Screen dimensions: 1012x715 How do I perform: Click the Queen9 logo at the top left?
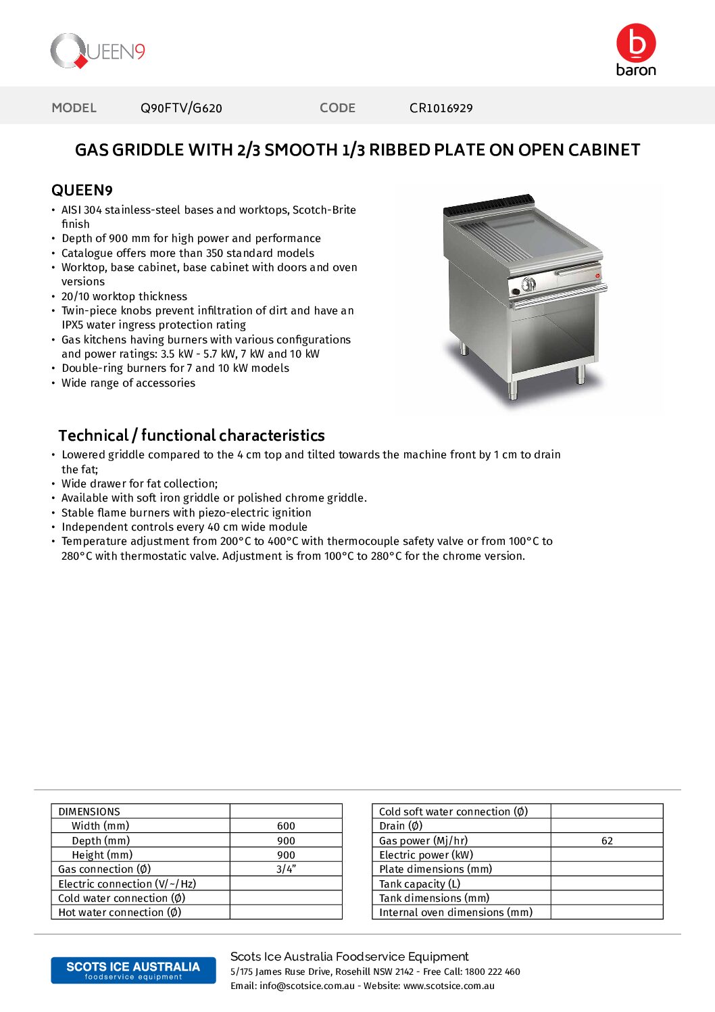97,51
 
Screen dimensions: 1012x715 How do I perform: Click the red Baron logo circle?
636,43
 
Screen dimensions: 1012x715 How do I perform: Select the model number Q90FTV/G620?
181,108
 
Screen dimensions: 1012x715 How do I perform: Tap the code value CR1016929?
441,108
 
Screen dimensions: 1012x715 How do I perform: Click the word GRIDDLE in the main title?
148,150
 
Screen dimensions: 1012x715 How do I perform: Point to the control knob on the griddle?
528,284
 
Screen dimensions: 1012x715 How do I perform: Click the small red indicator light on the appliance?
597,275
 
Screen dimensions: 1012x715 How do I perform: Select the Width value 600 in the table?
286,826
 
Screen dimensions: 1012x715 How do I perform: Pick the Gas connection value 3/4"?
286,869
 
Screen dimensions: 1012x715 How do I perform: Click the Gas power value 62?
607,841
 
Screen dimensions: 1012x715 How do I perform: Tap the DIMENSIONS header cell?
89,811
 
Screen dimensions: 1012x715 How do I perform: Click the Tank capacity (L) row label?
419,884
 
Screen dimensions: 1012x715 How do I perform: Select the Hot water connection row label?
120,913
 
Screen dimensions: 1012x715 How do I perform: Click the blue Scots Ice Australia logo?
133,970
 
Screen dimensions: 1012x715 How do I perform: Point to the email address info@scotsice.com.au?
307,986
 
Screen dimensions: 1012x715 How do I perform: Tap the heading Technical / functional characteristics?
191,435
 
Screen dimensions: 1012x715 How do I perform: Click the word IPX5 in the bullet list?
72,325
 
